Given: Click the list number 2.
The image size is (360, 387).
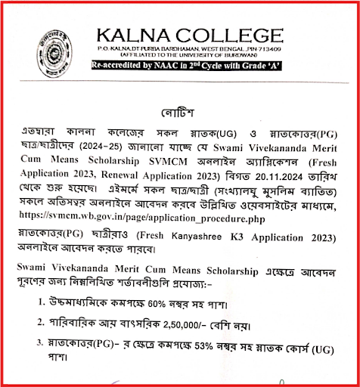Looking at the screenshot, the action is (42, 327).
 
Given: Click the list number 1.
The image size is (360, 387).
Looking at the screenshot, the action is (42, 304).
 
